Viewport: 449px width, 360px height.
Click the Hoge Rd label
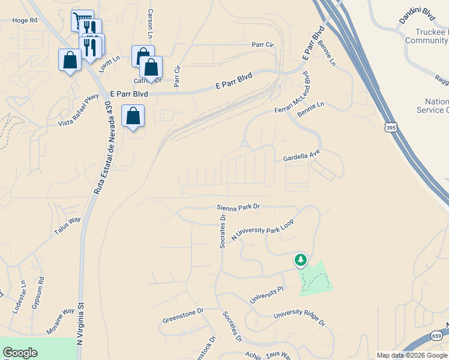pos(25,20)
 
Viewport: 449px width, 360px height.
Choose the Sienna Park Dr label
pos(238,207)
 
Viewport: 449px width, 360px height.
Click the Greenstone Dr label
pos(183,315)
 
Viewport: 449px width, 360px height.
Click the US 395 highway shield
pos(391,127)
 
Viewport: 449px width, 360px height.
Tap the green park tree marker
pos(300,260)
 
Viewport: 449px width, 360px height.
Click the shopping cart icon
pos(82,20)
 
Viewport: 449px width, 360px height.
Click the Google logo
pos(20,353)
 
